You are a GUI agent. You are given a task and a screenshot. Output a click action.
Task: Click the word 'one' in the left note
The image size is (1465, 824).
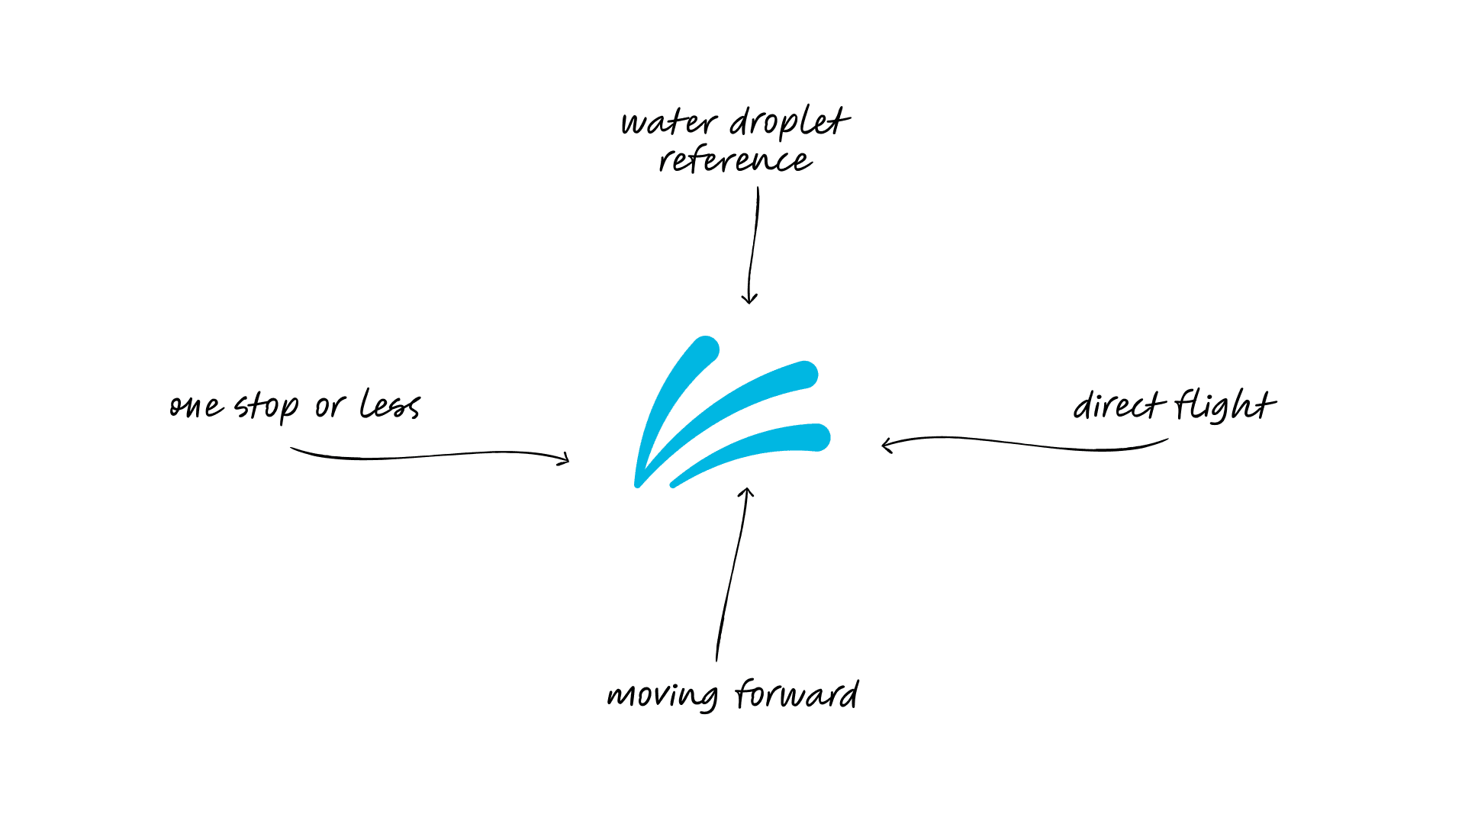[196, 407]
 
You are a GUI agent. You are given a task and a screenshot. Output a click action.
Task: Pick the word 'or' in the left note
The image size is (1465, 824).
[330, 407]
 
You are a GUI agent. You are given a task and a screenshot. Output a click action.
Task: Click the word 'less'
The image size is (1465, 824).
[390, 404]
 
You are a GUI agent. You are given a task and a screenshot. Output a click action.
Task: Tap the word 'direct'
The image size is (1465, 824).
[1118, 405]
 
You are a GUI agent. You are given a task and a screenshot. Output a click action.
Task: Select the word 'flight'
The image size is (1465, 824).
[1224, 404]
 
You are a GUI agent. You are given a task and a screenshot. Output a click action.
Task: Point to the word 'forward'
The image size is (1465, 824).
[797, 695]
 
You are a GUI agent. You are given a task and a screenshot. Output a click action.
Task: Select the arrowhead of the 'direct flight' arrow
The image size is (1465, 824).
[886, 445]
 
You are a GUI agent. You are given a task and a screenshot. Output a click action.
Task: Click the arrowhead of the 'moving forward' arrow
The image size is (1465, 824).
[747, 492]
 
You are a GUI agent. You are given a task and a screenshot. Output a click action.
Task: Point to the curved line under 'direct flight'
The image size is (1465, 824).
[1030, 444]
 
